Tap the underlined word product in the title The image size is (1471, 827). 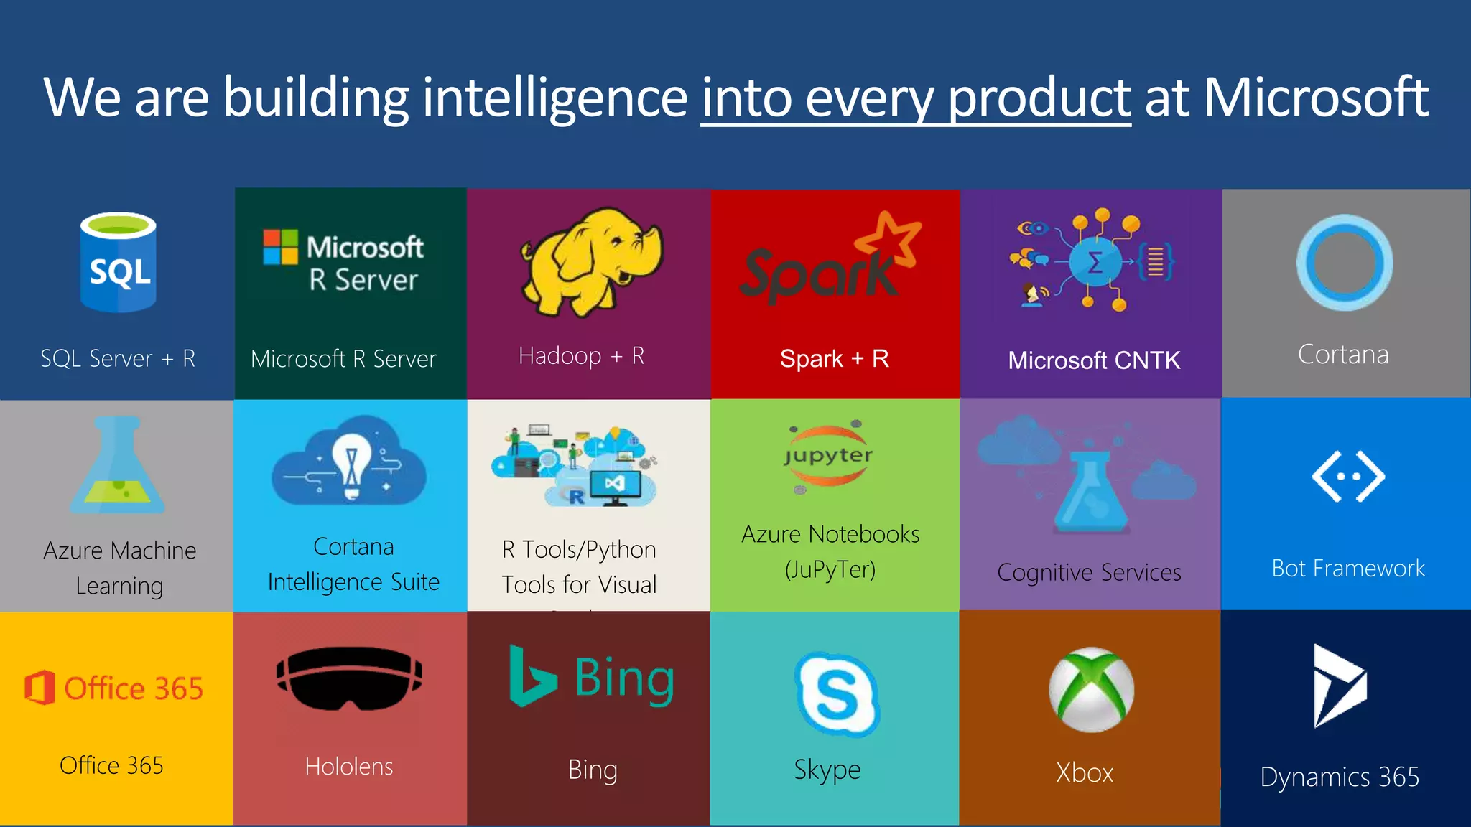pyautogui.click(x=1039, y=99)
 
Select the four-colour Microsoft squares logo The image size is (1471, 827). pyautogui.click(x=280, y=247)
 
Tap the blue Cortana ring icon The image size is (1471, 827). pyautogui.click(x=1344, y=263)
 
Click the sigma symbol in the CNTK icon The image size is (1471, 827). pyautogui.click(x=1095, y=262)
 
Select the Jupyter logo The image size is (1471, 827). pyautogui.click(x=828, y=456)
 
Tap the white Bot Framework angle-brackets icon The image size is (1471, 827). pyautogui.click(x=1348, y=476)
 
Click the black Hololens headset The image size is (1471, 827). pyautogui.click(x=349, y=678)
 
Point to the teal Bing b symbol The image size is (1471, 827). pyautogui.click(x=530, y=676)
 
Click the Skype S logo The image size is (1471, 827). pyautogui.click(x=837, y=693)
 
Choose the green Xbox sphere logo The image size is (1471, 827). pyautogui.click(x=1091, y=690)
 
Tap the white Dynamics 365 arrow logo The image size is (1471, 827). pyautogui.click(x=1338, y=686)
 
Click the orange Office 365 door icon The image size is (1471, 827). pyautogui.click(x=40, y=688)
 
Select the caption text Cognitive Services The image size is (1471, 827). pyautogui.click(x=1089, y=572)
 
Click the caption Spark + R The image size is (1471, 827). pyautogui.click(x=835, y=358)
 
